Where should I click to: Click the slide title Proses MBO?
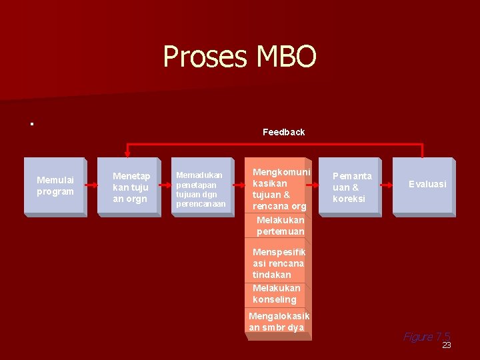click(x=239, y=57)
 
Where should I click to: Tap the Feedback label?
click(x=283, y=132)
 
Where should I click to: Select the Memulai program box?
click(x=55, y=186)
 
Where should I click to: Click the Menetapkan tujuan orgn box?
click(x=129, y=187)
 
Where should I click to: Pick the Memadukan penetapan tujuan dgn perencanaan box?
click(x=202, y=187)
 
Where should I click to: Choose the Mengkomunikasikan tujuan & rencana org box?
click(x=278, y=189)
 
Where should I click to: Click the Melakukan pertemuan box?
click(x=279, y=225)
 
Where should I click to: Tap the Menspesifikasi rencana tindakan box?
click(x=278, y=263)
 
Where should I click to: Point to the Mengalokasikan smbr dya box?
click(x=278, y=321)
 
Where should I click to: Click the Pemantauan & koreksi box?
click(x=351, y=187)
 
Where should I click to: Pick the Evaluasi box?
click(x=425, y=185)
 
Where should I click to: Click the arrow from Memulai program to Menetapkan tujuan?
click(x=92, y=186)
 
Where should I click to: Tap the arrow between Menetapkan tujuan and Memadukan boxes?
click(x=166, y=186)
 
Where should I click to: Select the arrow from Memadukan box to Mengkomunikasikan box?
click(x=239, y=186)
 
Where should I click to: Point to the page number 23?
click(x=447, y=345)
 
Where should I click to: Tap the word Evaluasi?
click(x=427, y=184)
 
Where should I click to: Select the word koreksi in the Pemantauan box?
click(x=349, y=199)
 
